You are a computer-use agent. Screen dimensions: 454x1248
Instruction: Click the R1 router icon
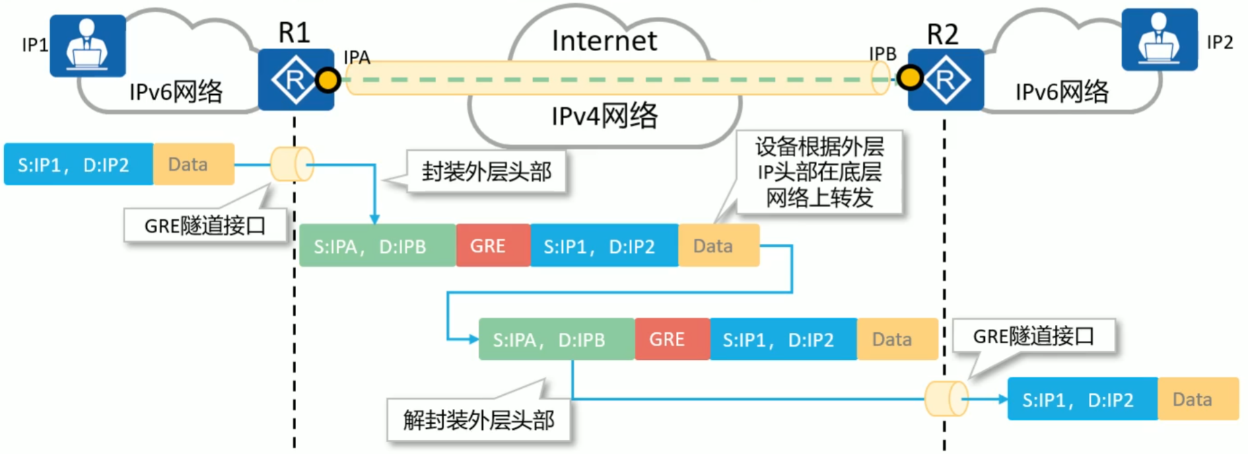[295, 79]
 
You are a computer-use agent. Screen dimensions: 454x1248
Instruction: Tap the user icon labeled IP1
[88, 45]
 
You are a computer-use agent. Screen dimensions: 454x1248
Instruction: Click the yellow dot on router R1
[328, 81]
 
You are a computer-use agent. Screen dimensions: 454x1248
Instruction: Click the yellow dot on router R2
[909, 78]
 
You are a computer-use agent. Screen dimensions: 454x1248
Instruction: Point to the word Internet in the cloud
[604, 41]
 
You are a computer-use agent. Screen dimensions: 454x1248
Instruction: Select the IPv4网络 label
[604, 116]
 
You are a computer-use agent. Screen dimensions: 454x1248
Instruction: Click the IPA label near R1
[357, 57]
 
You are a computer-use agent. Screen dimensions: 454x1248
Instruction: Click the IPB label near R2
[882, 54]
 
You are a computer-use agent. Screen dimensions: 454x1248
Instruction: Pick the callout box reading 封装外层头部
[486, 172]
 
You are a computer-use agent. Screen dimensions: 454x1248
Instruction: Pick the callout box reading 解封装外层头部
[479, 420]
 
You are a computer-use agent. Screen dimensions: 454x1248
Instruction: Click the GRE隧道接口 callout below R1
[205, 225]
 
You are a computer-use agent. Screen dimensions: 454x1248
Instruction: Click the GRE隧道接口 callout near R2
[1033, 336]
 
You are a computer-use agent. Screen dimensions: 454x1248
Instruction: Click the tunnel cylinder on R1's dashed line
[292, 164]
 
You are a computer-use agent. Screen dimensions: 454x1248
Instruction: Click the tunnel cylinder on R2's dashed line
[946, 399]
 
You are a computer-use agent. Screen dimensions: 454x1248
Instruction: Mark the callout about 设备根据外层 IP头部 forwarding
[819, 172]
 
